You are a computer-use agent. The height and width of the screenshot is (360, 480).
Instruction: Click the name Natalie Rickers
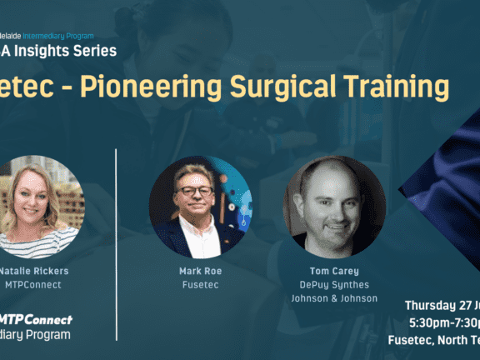(x=34, y=272)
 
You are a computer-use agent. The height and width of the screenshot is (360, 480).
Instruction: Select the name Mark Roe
(x=200, y=272)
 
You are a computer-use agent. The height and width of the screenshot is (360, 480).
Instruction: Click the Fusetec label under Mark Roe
(x=200, y=285)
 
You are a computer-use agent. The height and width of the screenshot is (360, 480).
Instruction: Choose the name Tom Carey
(x=333, y=272)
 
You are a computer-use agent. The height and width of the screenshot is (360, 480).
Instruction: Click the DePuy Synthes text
(x=333, y=285)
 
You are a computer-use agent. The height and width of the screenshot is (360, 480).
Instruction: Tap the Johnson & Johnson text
(x=333, y=298)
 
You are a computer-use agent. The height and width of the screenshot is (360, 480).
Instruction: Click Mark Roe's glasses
(x=196, y=191)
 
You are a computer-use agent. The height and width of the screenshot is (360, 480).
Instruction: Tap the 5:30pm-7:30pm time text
(x=442, y=322)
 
